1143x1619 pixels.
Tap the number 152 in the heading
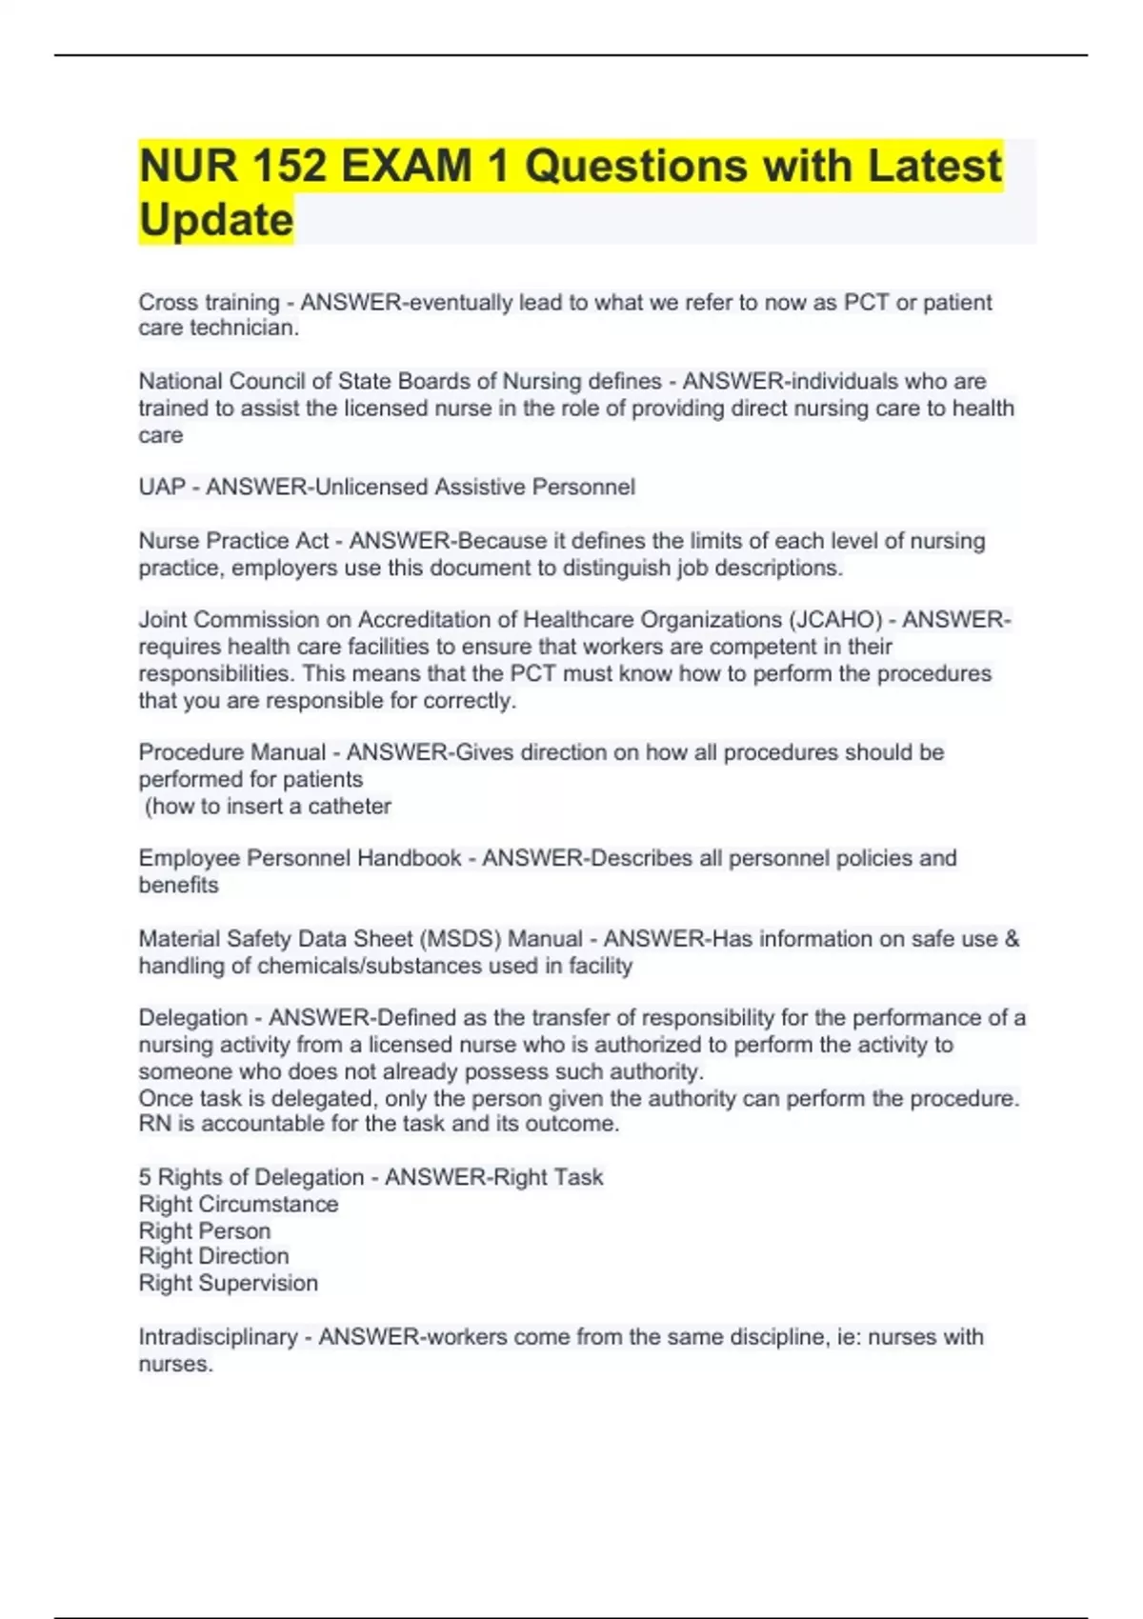(x=285, y=166)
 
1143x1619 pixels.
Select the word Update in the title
(x=215, y=220)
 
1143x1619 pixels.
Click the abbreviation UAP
(x=162, y=487)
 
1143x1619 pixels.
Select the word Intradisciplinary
(x=218, y=1337)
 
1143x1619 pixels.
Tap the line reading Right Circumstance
(x=238, y=1204)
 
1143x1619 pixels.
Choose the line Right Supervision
(x=229, y=1283)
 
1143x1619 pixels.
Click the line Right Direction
(x=213, y=1256)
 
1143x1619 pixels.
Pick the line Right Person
(x=205, y=1230)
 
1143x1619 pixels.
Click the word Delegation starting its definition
(x=193, y=1018)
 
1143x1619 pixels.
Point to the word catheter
(x=350, y=807)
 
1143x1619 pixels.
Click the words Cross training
(x=209, y=303)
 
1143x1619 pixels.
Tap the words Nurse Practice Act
(x=233, y=541)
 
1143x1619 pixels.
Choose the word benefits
(x=178, y=885)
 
